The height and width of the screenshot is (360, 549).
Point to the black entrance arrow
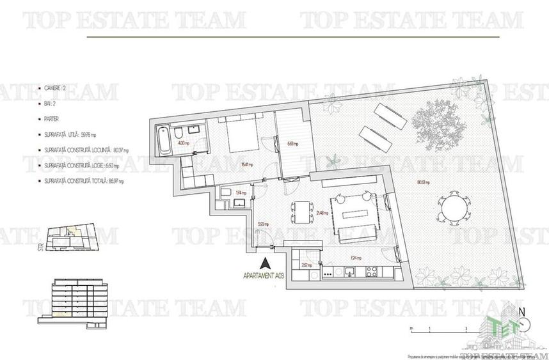(x=266, y=262)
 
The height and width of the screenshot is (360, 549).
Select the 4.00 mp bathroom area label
(x=182, y=143)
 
